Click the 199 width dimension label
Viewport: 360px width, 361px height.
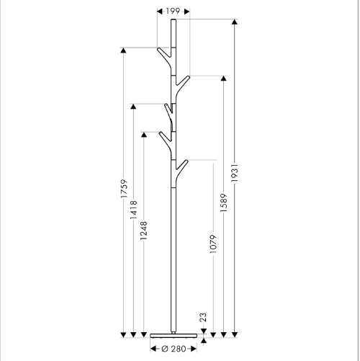point(173,11)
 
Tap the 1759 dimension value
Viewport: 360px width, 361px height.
point(123,191)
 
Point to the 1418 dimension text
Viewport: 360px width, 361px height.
point(134,215)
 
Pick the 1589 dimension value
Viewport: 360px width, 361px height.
point(225,208)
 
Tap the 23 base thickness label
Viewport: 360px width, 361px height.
point(204,316)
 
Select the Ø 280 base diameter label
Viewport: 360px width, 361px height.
point(173,349)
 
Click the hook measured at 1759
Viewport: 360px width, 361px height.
point(161,53)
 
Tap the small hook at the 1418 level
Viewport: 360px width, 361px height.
point(167,109)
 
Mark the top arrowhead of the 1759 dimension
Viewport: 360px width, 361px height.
point(123,50)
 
